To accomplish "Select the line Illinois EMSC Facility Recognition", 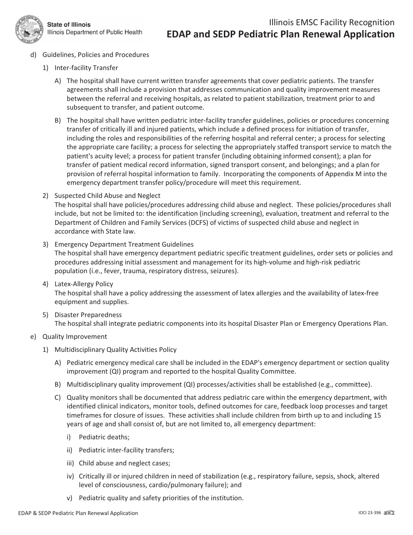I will coord(332,23).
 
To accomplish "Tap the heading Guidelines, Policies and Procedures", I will coord(96,55).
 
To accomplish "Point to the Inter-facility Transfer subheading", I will coord(86,68).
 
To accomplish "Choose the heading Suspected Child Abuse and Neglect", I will coord(107,196).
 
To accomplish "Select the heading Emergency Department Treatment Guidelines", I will coord(124,244).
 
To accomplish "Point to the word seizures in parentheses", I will coord(223,271).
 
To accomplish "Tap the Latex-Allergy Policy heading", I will coord(83,284).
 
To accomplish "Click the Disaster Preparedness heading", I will coord(88,314).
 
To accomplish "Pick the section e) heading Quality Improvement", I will coord(74,337).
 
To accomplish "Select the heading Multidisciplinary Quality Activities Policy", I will coord(115,350).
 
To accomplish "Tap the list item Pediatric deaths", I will coord(104,437).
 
